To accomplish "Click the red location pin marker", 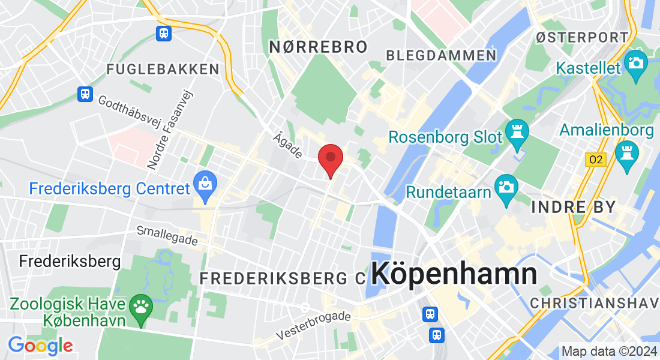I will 330,159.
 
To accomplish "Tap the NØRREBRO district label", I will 317,47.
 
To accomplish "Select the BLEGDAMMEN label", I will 441,56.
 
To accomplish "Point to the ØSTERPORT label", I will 583,37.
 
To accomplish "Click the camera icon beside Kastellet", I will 635,62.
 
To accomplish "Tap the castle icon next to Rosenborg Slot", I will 517,130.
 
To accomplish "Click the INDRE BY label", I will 574,208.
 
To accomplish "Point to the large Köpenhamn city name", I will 454,274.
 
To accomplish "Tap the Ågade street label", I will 287,145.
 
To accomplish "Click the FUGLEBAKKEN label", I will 163,69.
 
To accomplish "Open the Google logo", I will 40,345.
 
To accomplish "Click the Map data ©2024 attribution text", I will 608,352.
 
